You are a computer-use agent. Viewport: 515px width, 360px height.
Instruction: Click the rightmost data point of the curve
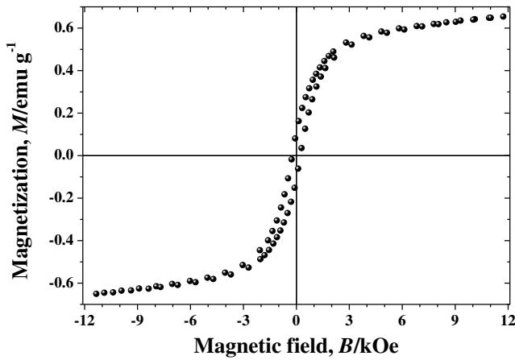click(x=503, y=16)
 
